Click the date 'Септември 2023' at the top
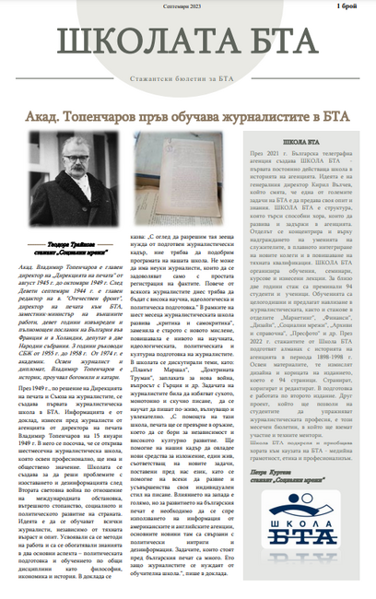pyautogui.click(x=188, y=6)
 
